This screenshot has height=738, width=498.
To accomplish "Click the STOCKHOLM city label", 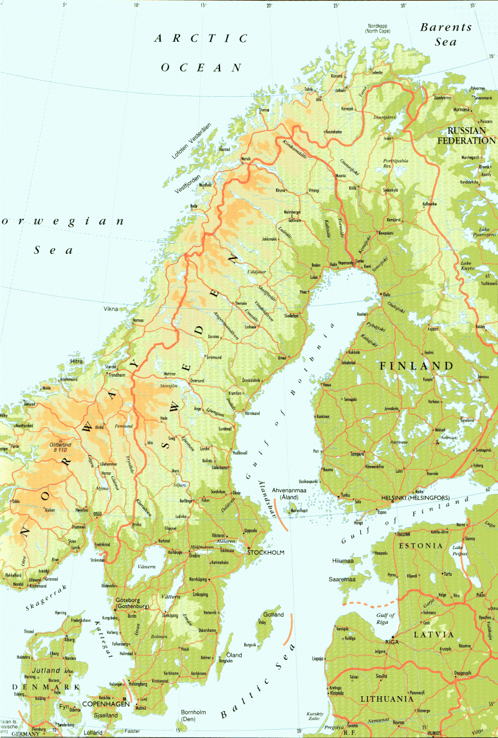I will tap(266, 553).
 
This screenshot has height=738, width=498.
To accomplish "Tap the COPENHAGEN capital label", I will tap(108, 704).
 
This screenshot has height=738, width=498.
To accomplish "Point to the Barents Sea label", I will tap(446, 34).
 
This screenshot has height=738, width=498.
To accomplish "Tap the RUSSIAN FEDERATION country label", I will tap(471, 136).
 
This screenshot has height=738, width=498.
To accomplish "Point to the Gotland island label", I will tap(274, 614).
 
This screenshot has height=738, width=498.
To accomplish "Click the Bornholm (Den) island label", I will tap(193, 715).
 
